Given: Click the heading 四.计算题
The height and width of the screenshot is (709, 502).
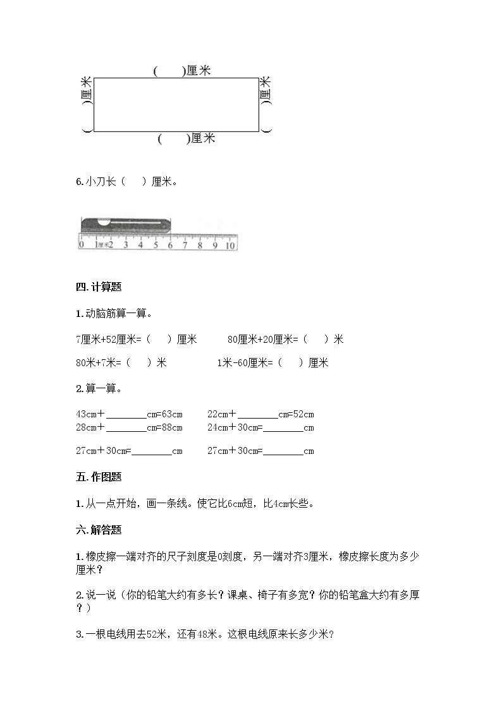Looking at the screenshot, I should (98, 287).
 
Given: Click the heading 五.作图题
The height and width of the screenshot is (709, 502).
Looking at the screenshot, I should (98, 477).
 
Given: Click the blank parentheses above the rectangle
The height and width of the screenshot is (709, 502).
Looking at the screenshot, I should (169, 72).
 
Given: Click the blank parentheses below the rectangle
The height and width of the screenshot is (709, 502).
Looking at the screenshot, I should (173, 138).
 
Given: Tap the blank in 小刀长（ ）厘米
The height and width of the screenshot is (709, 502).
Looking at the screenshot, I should (133, 182).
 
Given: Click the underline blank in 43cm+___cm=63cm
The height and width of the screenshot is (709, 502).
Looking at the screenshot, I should (126, 415).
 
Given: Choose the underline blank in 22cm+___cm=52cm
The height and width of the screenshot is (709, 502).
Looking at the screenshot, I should (258, 415).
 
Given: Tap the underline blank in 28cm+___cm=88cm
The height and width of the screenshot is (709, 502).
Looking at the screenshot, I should (126, 428).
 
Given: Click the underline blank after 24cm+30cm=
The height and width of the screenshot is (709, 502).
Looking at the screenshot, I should (283, 429).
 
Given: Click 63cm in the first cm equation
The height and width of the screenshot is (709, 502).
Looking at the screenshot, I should (171, 415).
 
